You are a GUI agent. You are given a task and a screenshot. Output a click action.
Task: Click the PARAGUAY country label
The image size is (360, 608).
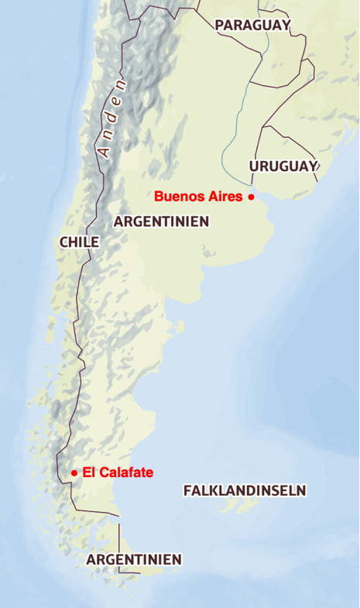pyautogui.click(x=252, y=26)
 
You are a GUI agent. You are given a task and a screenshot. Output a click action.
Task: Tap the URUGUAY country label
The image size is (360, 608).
pyautogui.click(x=283, y=166)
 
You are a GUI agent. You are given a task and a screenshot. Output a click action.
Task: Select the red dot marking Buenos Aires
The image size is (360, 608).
pyautogui.click(x=251, y=198)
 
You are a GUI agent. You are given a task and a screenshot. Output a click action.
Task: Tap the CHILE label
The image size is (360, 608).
pyautogui.click(x=79, y=242)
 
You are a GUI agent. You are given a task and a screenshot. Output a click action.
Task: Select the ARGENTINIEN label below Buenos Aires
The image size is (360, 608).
pyautogui.click(x=161, y=222)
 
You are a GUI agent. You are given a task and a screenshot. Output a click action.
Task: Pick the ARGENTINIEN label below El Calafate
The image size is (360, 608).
pyautogui.click(x=134, y=559)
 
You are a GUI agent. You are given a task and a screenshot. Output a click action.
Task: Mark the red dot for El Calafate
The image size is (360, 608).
pyautogui.click(x=74, y=472)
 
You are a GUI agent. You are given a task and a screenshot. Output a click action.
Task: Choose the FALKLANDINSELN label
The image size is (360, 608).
pyautogui.click(x=245, y=490)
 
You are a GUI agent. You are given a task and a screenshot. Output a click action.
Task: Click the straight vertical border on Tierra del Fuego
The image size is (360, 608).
pyautogui.click(x=119, y=542)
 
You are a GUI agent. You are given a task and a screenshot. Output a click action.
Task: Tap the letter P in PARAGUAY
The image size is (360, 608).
pyautogui.click(x=220, y=26)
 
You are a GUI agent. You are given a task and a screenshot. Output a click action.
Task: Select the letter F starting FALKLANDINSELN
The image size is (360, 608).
pyautogui.click(x=188, y=490)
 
